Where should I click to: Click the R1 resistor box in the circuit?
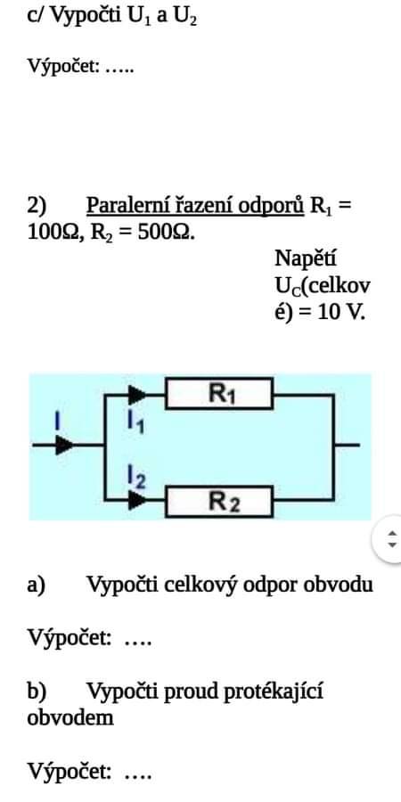click(x=219, y=393)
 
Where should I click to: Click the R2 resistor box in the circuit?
click(x=219, y=502)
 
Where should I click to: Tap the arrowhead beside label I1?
click(x=137, y=395)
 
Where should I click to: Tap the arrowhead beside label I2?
click(x=137, y=500)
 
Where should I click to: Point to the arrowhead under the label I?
click(x=64, y=445)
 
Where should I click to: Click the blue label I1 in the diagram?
click(x=136, y=422)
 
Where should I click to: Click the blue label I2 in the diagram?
click(x=136, y=478)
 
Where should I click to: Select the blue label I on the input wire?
click(x=58, y=421)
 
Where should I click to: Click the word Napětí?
click(x=306, y=258)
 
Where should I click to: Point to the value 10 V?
click(x=341, y=312)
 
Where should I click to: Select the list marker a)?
click(x=37, y=584)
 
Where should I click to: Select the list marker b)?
click(x=37, y=692)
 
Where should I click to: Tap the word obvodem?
click(x=70, y=717)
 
